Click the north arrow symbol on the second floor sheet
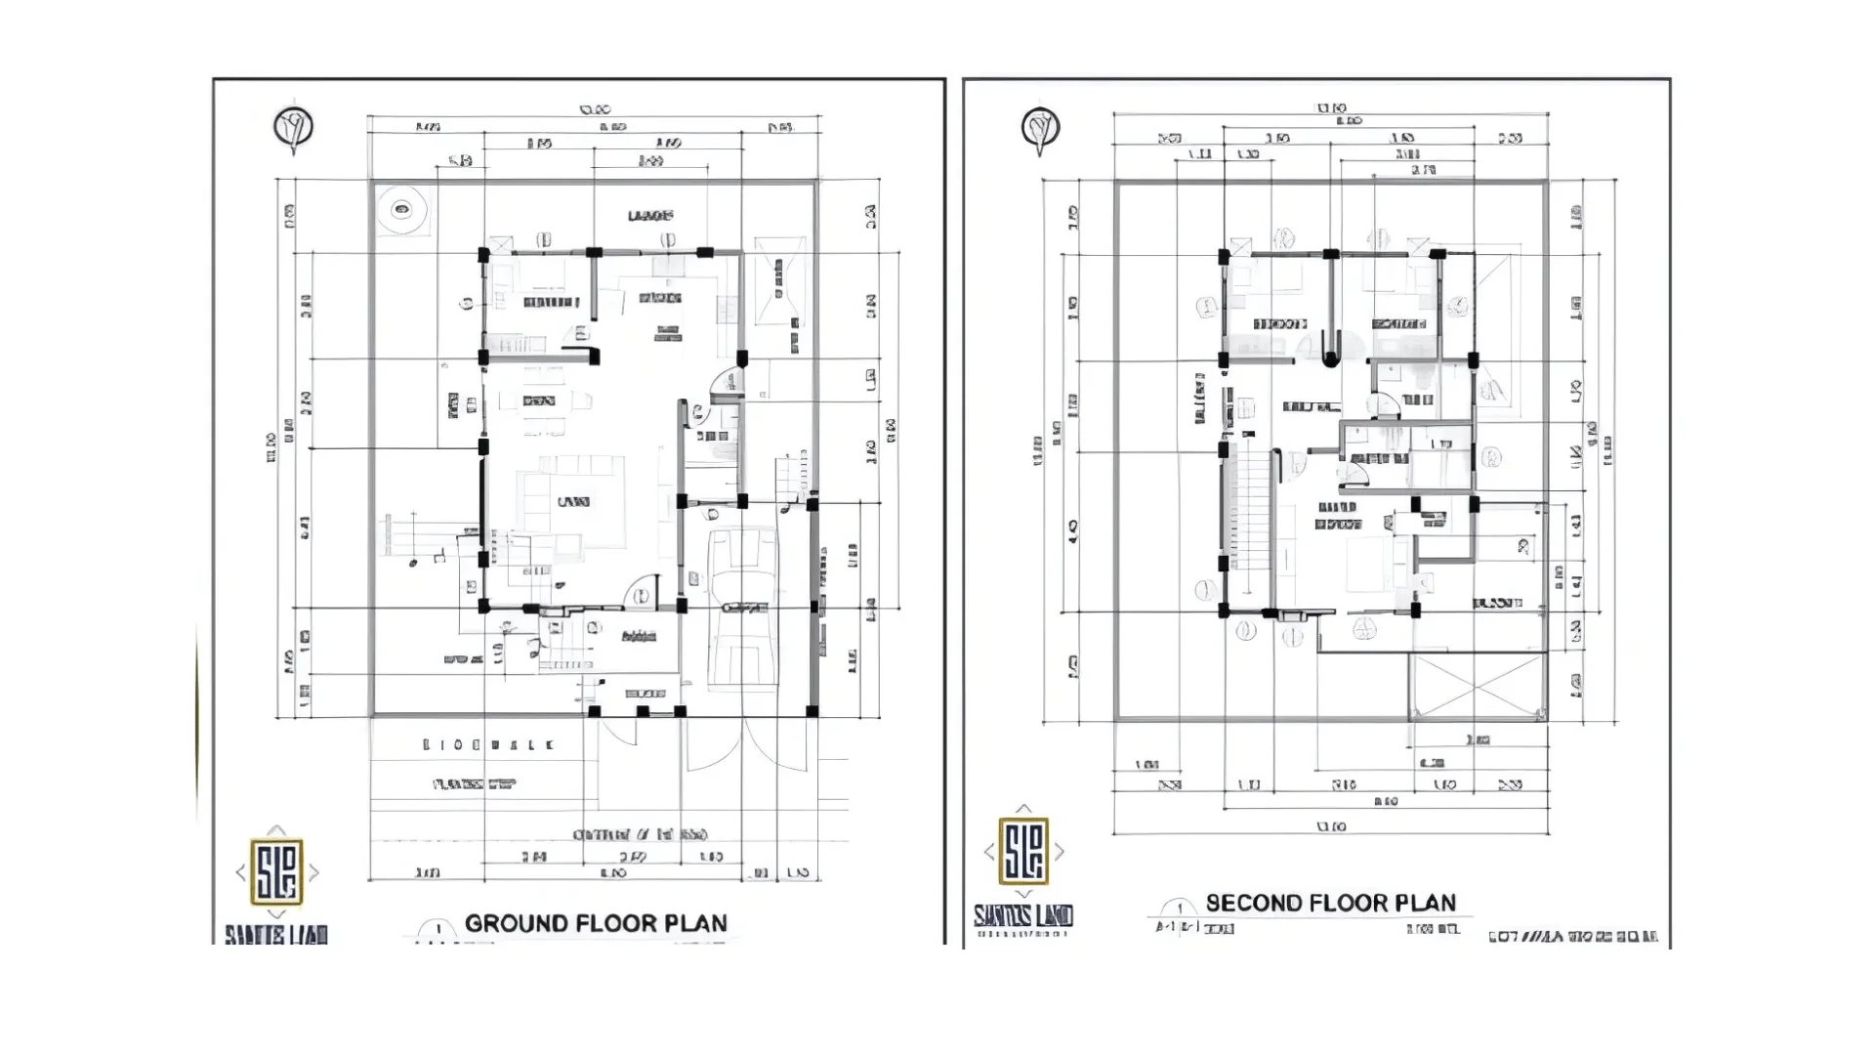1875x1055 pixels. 1040,129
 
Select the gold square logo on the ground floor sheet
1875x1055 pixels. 277,870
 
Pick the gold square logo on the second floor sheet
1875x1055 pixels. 1023,850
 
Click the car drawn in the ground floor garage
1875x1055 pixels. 743,607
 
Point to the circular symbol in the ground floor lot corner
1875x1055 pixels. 401,209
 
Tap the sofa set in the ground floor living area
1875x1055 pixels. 571,503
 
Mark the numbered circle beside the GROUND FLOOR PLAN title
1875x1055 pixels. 437,930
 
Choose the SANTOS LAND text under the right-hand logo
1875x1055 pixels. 1022,915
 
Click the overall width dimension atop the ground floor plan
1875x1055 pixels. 594,110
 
